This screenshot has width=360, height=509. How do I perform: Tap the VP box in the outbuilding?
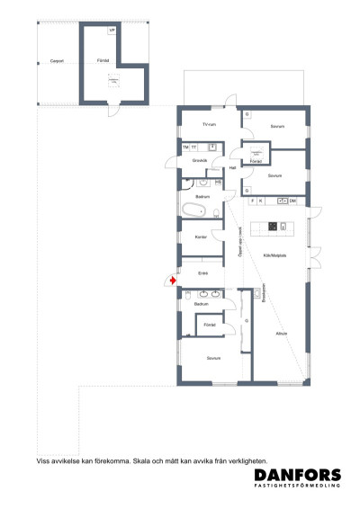(112, 31)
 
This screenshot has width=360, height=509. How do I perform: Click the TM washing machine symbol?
(185, 146)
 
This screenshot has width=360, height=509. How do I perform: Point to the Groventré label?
(201, 160)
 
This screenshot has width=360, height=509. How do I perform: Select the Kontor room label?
(201, 237)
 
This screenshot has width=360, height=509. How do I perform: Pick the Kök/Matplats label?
(275, 256)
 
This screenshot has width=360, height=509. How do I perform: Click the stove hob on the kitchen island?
(283, 225)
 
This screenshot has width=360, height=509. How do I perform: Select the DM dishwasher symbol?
(293, 201)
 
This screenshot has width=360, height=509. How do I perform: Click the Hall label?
(232, 167)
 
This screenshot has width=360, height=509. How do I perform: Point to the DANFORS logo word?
(297, 476)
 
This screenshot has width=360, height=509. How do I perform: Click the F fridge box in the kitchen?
(253, 201)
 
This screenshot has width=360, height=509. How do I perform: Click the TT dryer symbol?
(193, 146)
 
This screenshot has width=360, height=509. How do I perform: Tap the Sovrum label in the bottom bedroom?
(213, 358)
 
